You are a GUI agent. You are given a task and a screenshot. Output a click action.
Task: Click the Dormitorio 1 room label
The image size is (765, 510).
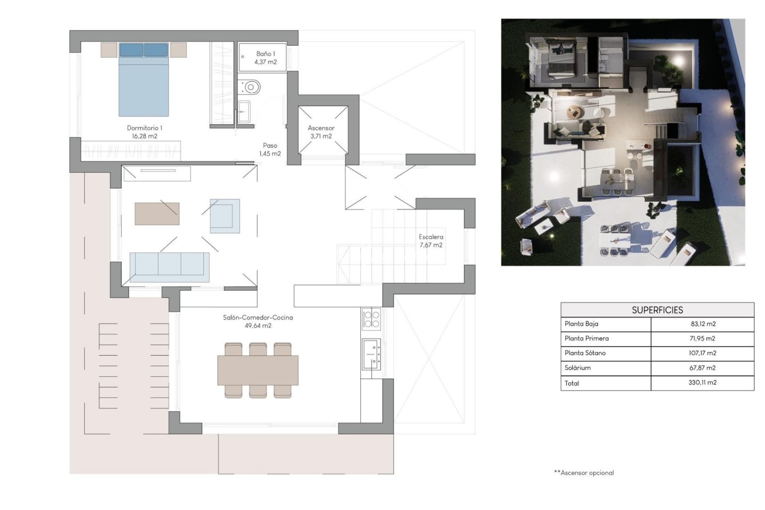pyautogui.click(x=144, y=128)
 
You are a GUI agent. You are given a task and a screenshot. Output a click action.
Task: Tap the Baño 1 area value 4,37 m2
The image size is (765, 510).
pyautogui.click(x=265, y=62)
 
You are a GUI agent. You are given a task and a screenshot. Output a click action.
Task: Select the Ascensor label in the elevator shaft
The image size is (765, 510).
pyautogui.click(x=321, y=128)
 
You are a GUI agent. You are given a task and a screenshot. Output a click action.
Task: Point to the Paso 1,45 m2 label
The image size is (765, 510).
pyautogui.click(x=270, y=149)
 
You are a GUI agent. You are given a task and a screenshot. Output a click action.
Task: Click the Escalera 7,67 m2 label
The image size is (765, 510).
pyautogui.click(x=431, y=241)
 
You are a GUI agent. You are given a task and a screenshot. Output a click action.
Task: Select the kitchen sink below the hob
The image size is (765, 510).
pyautogui.click(x=371, y=354)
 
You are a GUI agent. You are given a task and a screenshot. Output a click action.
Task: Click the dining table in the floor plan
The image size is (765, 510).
pyautogui.click(x=258, y=370)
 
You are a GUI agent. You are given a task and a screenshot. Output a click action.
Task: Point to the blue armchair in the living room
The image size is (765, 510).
pyautogui.click(x=225, y=216)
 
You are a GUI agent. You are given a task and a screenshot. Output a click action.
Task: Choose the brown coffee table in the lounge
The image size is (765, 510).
pyautogui.click(x=157, y=214)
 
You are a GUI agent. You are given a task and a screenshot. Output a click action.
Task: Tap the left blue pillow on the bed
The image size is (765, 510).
pyautogui.click(x=131, y=50)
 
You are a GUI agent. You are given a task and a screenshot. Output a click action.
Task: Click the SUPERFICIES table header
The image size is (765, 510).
pyautogui.click(x=657, y=310)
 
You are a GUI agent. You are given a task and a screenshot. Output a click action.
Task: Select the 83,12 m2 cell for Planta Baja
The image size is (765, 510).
pyautogui.click(x=703, y=324)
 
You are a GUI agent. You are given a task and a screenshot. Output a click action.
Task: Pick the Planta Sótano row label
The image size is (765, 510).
pyautogui.click(x=585, y=353)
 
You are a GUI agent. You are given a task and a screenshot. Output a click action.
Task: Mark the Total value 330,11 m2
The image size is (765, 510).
pyautogui.click(x=702, y=382)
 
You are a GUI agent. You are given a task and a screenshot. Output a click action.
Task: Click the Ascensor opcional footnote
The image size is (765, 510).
pyautogui.click(x=584, y=473)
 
